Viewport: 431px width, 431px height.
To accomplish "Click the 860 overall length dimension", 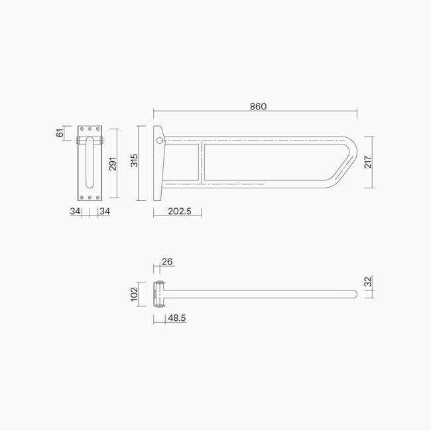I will [x=259, y=107].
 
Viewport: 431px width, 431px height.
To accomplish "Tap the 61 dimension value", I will [x=60, y=133].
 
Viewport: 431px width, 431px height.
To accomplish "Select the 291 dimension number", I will [x=113, y=164].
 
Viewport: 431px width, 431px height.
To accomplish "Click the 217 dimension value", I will [x=369, y=162].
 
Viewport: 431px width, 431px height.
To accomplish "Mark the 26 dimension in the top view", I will [x=167, y=262].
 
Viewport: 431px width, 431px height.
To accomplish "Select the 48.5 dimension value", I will [x=177, y=318].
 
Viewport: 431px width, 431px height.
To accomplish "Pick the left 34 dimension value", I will [x=75, y=212].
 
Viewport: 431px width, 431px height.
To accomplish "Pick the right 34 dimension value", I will [x=104, y=212].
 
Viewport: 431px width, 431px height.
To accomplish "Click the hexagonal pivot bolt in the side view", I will [x=158, y=141].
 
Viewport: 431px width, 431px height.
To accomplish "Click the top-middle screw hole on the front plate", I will [x=88, y=130].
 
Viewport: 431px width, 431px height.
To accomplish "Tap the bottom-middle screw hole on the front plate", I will [x=88, y=196].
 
